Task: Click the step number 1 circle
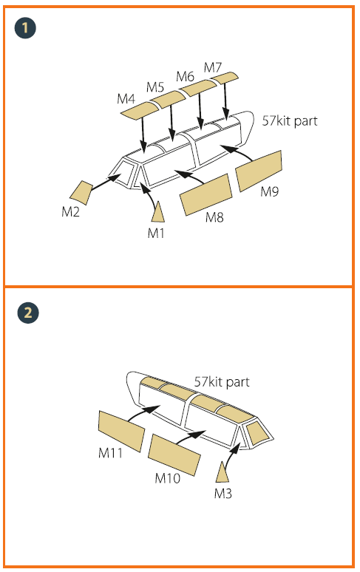(25, 28)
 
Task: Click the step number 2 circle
(27, 313)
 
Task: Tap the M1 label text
(156, 233)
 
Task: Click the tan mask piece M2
(81, 193)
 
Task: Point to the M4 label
(126, 99)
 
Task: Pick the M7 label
(213, 67)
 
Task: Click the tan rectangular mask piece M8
(206, 194)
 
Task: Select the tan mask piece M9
(259, 171)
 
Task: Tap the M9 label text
(270, 191)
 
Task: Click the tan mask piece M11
(121, 431)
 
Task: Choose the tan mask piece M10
(174, 455)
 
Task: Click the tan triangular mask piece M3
(222, 472)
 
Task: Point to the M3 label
(223, 494)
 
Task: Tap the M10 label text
(167, 478)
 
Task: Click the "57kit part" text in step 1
(290, 120)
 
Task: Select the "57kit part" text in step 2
(222, 382)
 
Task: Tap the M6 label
(185, 77)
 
